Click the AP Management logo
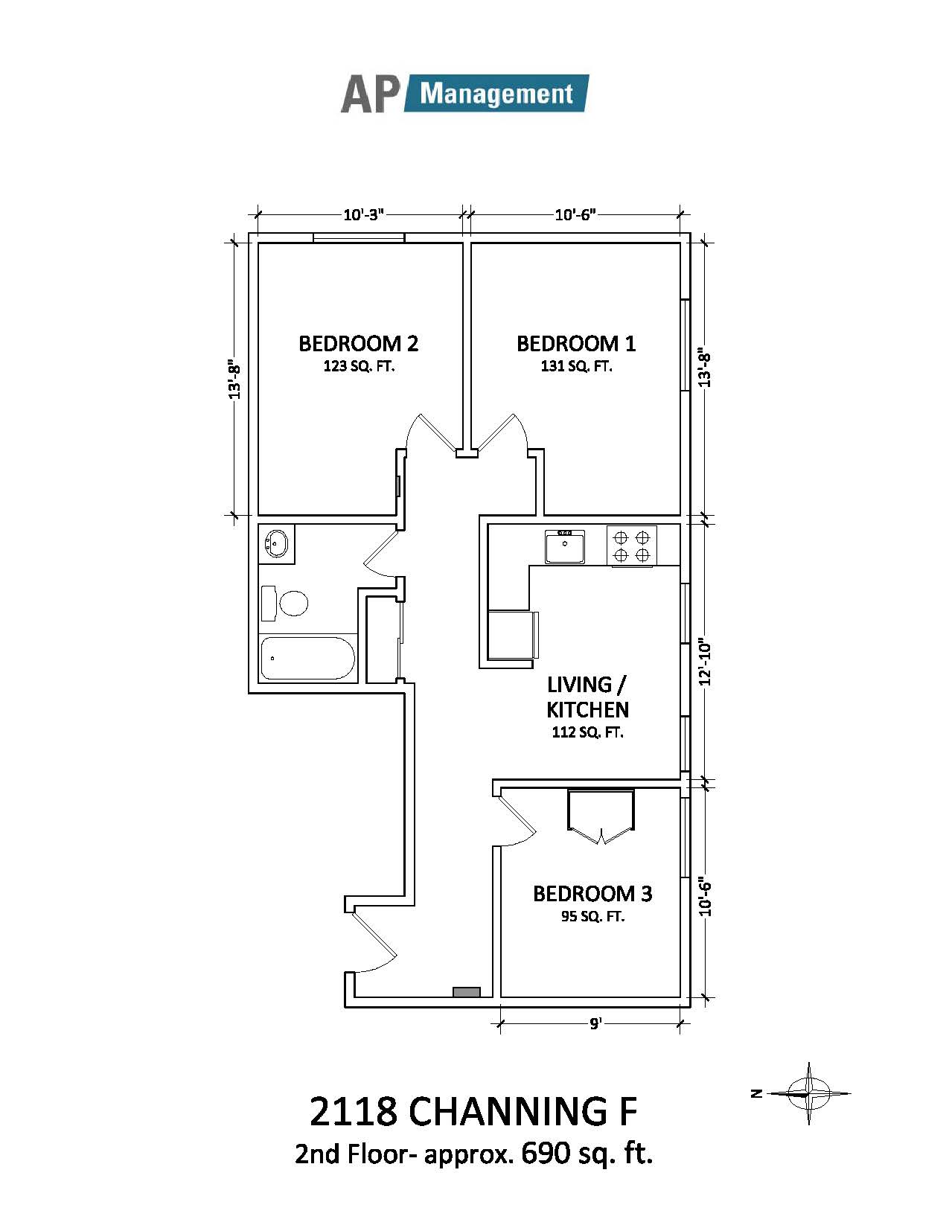click(x=464, y=93)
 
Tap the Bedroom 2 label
click(x=358, y=344)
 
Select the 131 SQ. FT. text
click(x=577, y=366)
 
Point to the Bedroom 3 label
click(x=592, y=893)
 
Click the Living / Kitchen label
click(x=587, y=697)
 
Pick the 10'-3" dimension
click(x=364, y=215)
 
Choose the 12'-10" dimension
click(x=704, y=663)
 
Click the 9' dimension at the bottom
click(x=595, y=1023)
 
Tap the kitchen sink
click(x=565, y=546)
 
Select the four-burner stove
click(x=632, y=546)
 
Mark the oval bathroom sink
click(x=276, y=543)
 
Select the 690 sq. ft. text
click(x=587, y=1154)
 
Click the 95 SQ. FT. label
click(x=593, y=917)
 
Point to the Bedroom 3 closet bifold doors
click(x=601, y=816)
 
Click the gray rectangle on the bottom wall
click(x=466, y=992)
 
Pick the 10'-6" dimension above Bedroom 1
click(x=575, y=215)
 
